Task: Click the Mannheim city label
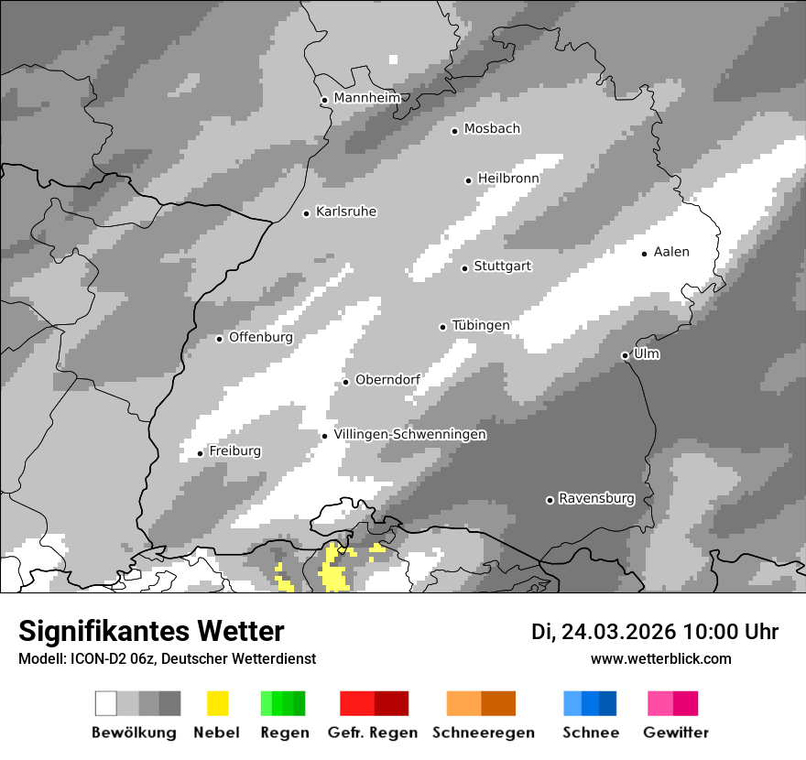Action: [367, 98]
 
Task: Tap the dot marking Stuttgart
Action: [465, 268]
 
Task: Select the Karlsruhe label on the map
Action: [346, 212]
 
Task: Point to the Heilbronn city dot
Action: [469, 180]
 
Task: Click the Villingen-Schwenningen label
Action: [410, 434]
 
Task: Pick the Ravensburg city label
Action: [596, 498]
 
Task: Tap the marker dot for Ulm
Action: [625, 355]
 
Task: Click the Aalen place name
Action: [671, 252]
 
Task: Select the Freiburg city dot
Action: [201, 453]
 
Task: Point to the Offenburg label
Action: [261, 337]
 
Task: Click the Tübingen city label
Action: [481, 325]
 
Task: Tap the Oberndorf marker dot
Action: [346, 382]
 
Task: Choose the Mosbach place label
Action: [492, 129]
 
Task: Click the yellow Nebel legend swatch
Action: [218, 703]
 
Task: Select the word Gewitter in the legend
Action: [676, 733]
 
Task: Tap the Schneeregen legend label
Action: [484, 733]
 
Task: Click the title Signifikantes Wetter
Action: [151, 631]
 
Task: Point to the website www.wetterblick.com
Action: [661, 658]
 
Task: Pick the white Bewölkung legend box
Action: [106, 703]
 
